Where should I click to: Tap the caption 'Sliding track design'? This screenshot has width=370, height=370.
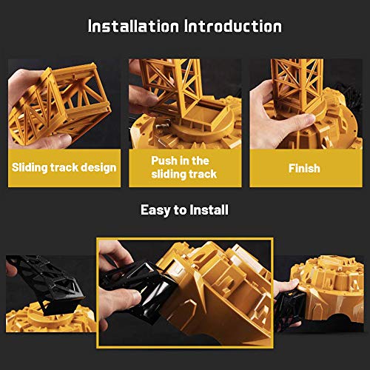tap(64, 167)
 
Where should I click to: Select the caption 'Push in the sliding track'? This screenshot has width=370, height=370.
tap(184, 167)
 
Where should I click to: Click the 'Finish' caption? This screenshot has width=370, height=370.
tap(304, 168)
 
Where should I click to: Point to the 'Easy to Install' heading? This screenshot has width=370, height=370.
tap(184, 210)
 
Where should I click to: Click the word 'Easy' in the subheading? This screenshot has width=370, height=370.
tap(155, 210)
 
